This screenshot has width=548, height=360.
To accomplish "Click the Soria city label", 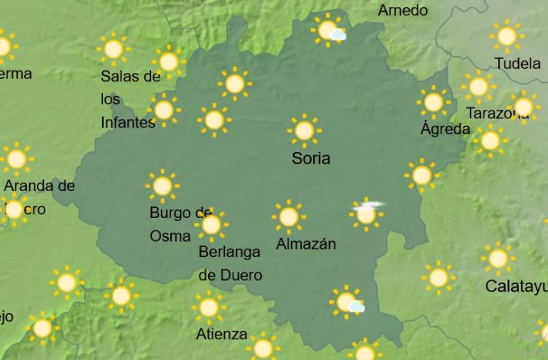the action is (311, 159).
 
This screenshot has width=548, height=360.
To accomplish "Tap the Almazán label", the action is (305, 245).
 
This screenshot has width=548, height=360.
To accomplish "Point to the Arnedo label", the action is (403, 11).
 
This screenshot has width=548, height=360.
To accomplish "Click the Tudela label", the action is (517, 64).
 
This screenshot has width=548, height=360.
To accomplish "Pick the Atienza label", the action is (222, 334).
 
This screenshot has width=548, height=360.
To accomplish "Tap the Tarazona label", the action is (497, 114).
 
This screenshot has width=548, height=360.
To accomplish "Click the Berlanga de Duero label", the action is (230, 263).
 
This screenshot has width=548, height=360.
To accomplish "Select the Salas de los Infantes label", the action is (130, 99).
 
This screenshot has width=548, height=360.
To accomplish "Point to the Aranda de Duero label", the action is (38, 197).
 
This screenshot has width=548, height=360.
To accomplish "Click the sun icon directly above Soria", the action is (304, 130).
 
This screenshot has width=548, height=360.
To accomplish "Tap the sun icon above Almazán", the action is (289, 216).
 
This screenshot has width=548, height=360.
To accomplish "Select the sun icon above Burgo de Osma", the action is (162, 185).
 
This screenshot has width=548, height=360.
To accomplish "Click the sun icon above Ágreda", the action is (434, 101).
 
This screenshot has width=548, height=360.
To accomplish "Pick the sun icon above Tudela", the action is (507, 35).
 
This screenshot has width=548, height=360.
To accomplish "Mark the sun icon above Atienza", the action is (208, 307).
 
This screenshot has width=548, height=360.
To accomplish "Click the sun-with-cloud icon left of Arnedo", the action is (329, 30).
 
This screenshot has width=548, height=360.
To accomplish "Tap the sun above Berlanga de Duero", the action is (211, 224).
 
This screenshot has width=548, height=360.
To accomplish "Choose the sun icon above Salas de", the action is (113, 49).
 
